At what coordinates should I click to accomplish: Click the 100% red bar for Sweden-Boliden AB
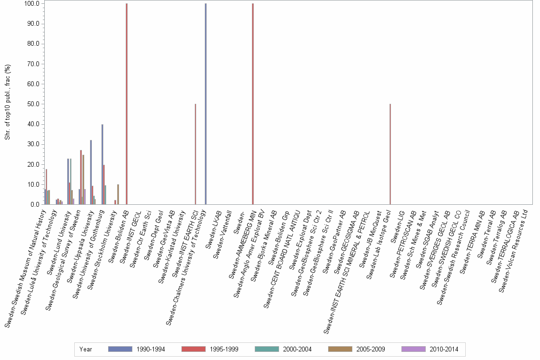tap(127, 104)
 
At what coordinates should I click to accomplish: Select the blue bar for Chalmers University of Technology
tap(206, 104)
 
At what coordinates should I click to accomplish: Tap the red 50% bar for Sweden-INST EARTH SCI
tap(195, 154)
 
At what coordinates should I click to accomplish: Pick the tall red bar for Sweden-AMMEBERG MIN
tap(253, 104)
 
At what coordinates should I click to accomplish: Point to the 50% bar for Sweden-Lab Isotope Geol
tap(390, 154)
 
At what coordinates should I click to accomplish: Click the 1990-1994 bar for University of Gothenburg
tap(102, 164)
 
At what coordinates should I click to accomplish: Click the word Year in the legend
tap(86, 349)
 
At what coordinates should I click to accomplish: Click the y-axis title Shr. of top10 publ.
tap(8, 104)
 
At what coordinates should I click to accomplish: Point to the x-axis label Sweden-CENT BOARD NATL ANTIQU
tap(281, 253)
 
